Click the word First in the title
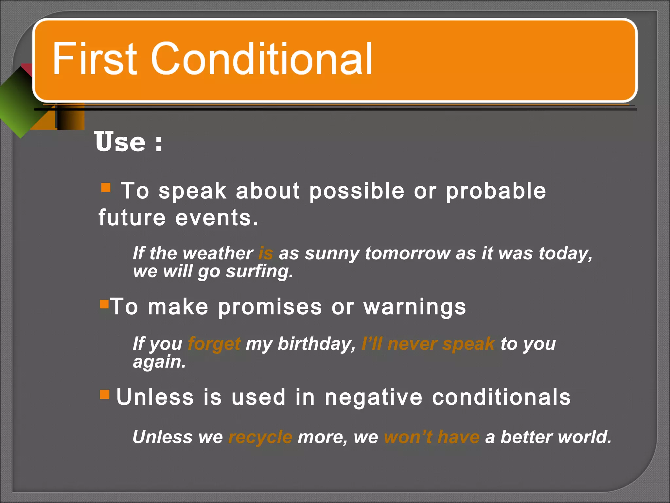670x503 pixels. (x=95, y=59)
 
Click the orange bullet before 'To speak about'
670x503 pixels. (x=106, y=188)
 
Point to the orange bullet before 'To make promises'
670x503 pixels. (x=104, y=304)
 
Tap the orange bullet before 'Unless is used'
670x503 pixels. (x=105, y=394)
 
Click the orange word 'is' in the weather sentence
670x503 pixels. (x=265, y=253)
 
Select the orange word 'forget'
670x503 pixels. (x=214, y=344)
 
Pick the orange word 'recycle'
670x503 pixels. (x=260, y=437)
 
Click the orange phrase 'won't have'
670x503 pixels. (x=432, y=437)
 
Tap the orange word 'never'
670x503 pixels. (x=412, y=344)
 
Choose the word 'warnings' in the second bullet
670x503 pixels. (x=414, y=307)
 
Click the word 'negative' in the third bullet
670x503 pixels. (x=374, y=397)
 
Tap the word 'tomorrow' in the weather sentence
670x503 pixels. (x=407, y=253)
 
